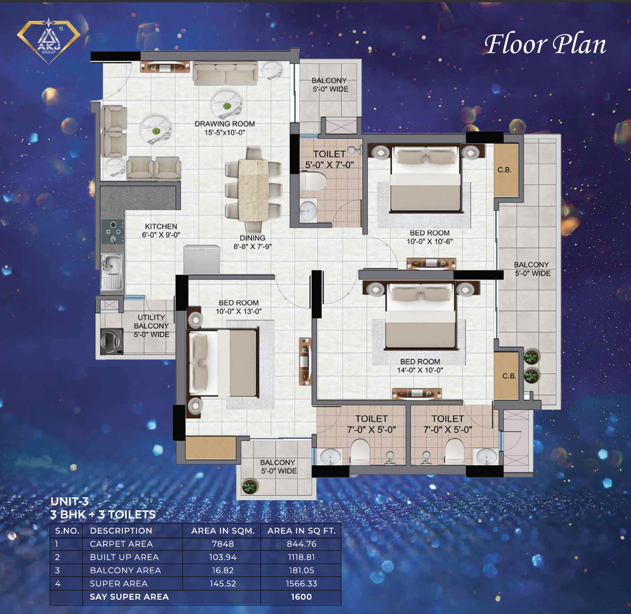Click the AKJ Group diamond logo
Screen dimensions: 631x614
pyautogui.click(x=49, y=41)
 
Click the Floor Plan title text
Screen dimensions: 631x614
pyautogui.click(x=545, y=44)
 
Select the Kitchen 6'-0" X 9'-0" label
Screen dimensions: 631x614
pyautogui.click(x=161, y=230)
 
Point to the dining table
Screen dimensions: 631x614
pyautogui.click(x=253, y=190)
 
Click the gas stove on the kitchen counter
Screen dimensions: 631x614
pyautogui.click(x=113, y=232)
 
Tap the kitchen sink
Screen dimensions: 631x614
pyautogui.click(x=112, y=272)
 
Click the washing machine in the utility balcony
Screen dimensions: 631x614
pyautogui.click(x=111, y=341)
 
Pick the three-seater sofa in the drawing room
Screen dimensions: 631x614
pyautogui.click(x=225, y=73)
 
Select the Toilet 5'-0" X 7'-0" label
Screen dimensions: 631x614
pyautogui.click(x=329, y=159)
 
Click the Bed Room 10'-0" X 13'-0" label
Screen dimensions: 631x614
pyautogui.click(x=239, y=307)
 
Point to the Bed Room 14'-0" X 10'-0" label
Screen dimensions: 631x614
pyautogui.click(x=420, y=366)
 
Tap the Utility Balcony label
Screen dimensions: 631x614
pyautogui.click(x=151, y=326)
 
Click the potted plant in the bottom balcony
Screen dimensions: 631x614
pyautogui.click(x=250, y=487)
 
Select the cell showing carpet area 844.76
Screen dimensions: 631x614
pyautogui.click(x=301, y=544)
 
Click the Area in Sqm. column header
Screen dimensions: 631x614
pyautogui.click(x=222, y=531)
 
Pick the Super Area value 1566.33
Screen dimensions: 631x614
pyautogui.click(x=301, y=584)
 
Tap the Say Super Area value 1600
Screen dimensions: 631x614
pyautogui.click(x=301, y=597)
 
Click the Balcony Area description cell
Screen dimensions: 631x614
pyautogui.click(x=126, y=570)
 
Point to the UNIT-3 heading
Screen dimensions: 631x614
pyautogui.click(x=70, y=501)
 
